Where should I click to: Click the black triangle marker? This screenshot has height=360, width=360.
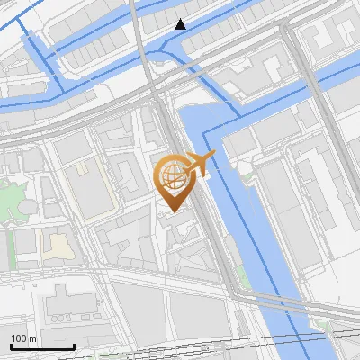click(181, 24)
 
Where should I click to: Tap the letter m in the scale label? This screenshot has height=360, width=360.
click(32, 338)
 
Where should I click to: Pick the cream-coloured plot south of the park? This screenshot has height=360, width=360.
click(57, 246)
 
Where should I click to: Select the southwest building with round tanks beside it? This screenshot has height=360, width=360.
click(72, 302)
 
